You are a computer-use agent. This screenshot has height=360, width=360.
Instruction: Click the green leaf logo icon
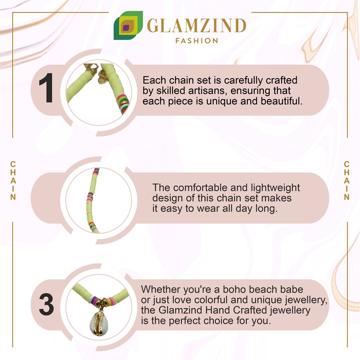pos(128,25)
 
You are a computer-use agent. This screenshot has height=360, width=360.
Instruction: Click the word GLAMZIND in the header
pos(197,26)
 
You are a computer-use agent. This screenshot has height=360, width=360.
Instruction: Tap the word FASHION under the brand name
pos(197,41)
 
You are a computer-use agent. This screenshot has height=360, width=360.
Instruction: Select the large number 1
pos(46,88)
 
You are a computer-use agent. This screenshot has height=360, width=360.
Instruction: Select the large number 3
pos(46,305)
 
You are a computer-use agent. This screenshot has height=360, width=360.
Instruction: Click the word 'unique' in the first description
pos(221,101)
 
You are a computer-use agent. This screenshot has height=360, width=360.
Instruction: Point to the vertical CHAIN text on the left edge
pos(13,181)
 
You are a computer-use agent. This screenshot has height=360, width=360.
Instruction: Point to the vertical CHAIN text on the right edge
pos(346,181)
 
